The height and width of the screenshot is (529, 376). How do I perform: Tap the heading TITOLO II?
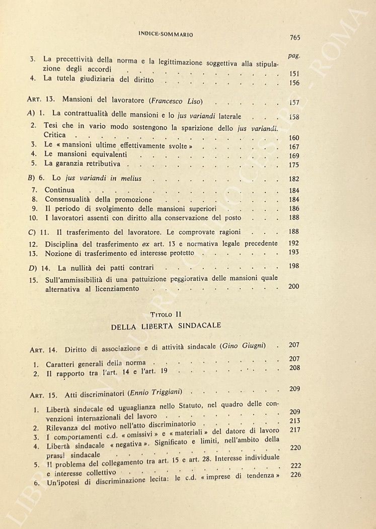(166, 314)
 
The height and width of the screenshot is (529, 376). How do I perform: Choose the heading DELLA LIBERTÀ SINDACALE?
(166, 326)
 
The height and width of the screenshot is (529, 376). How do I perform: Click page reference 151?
(295, 73)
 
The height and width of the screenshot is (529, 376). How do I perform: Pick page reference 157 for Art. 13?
(295, 103)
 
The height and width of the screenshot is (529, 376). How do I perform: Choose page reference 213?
(295, 420)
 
